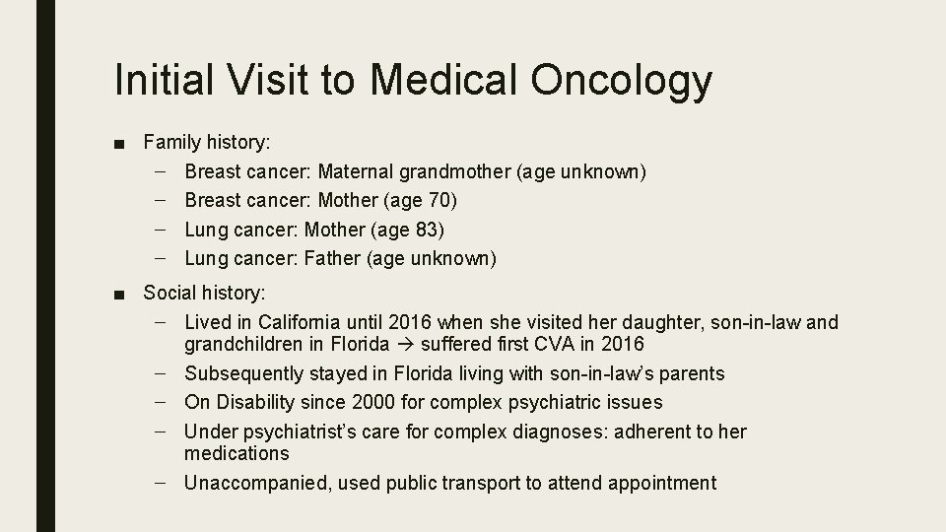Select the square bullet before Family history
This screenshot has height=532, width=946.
tap(118, 144)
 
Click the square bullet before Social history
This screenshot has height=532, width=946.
tap(118, 294)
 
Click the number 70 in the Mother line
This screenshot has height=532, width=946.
tap(442, 201)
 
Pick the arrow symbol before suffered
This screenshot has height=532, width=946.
tap(407, 345)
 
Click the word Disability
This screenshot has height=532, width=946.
tap(254, 402)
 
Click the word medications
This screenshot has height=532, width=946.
tap(236, 453)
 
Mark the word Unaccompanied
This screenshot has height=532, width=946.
tap(250, 483)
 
